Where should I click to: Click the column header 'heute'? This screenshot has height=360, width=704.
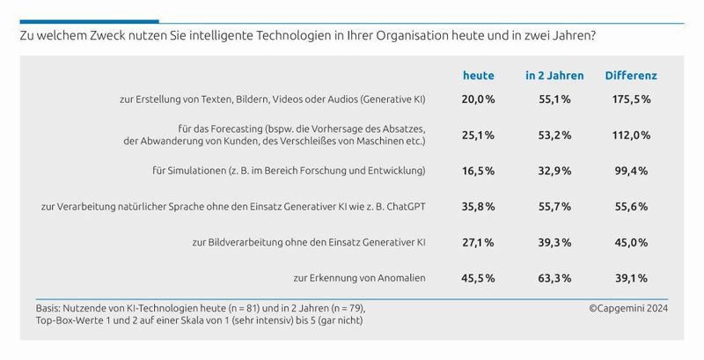pyautogui.click(x=479, y=76)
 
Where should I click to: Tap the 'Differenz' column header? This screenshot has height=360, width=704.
pyautogui.click(x=631, y=76)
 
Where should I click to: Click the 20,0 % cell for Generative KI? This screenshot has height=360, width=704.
pyautogui.click(x=479, y=99)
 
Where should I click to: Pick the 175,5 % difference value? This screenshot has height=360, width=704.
pyautogui.click(x=631, y=99)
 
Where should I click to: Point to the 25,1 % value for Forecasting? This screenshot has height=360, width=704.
pyautogui.click(x=479, y=134)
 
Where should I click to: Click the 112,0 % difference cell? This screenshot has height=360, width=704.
pyautogui.click(x=631, y=134)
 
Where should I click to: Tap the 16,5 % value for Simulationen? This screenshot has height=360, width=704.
pyautogui.click(x=479, y=169)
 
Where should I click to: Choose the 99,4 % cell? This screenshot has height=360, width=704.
pyautogui.click(x=631, y=169)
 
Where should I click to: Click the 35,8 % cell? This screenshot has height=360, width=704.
pyautogui.click(x=479, y=205)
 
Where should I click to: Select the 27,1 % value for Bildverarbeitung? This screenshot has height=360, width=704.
pyautogui.click(x=479, y=241)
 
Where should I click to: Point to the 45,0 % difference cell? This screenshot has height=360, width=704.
pyautogui.click(x=631, y=241)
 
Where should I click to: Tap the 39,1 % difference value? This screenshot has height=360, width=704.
pyautogui.click(x=631, y=277)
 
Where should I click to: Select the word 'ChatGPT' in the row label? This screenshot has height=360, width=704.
pyautogui.click(x=402, y=205)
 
